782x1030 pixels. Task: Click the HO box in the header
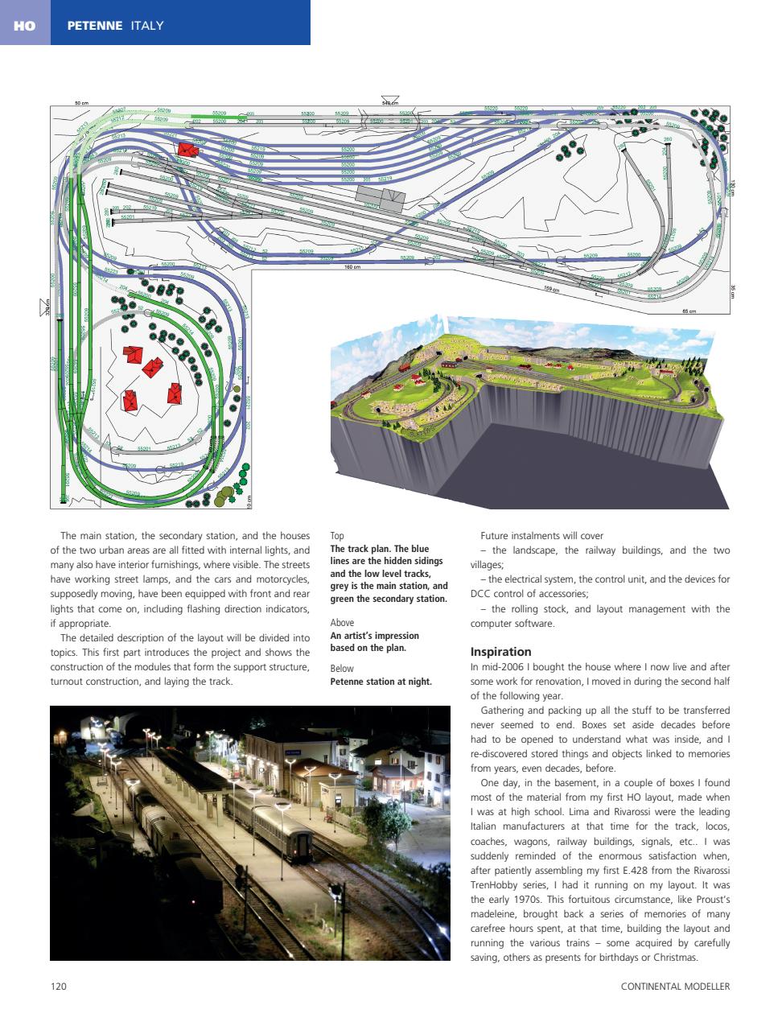point(24,26)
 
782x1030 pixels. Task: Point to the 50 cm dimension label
point(81,103)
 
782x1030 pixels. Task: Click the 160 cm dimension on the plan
point(352,267)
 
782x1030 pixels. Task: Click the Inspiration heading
point(500,651)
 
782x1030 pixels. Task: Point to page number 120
point(58,986)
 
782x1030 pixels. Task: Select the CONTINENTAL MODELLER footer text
point(675,986)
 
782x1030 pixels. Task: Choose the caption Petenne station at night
point(381,682)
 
